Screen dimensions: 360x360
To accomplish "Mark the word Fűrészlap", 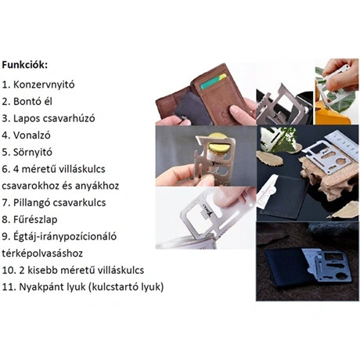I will [38, 220].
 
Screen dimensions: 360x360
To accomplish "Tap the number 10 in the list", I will [9, 270].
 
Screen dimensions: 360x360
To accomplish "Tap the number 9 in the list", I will [6, 236].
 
